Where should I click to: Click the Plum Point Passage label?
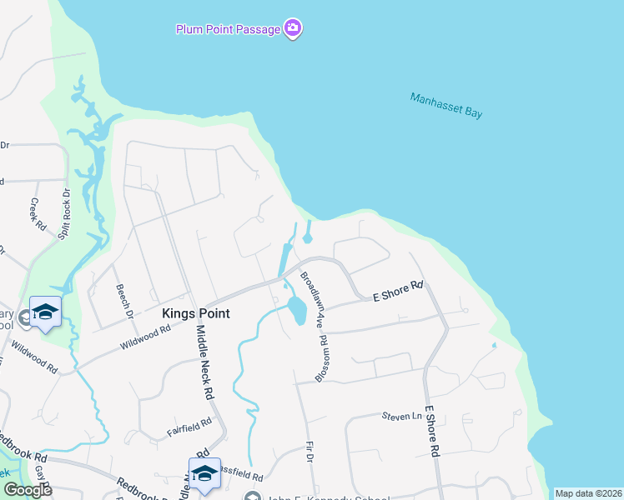pyautogui.click(x=227, y=29)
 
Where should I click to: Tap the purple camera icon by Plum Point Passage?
pyautogui.click(x=292, y=29)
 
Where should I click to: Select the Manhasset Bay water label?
pyautogui.click(x=446, y=105)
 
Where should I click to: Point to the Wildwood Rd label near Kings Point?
pyautogui.click(x=144, y=335)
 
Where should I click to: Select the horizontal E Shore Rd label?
pyautogui.click(x=397, y=290)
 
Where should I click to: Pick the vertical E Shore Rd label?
pyautogui.click(x=432, y=430)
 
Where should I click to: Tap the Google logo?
pyautogui.click(x=27, y=489)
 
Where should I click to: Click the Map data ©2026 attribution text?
pyautogui.click(x=588, y=493)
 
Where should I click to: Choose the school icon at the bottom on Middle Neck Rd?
pyautogui.click(x=204, y=472)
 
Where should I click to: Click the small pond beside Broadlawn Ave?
pyautogui.click(x=295, y=311)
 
